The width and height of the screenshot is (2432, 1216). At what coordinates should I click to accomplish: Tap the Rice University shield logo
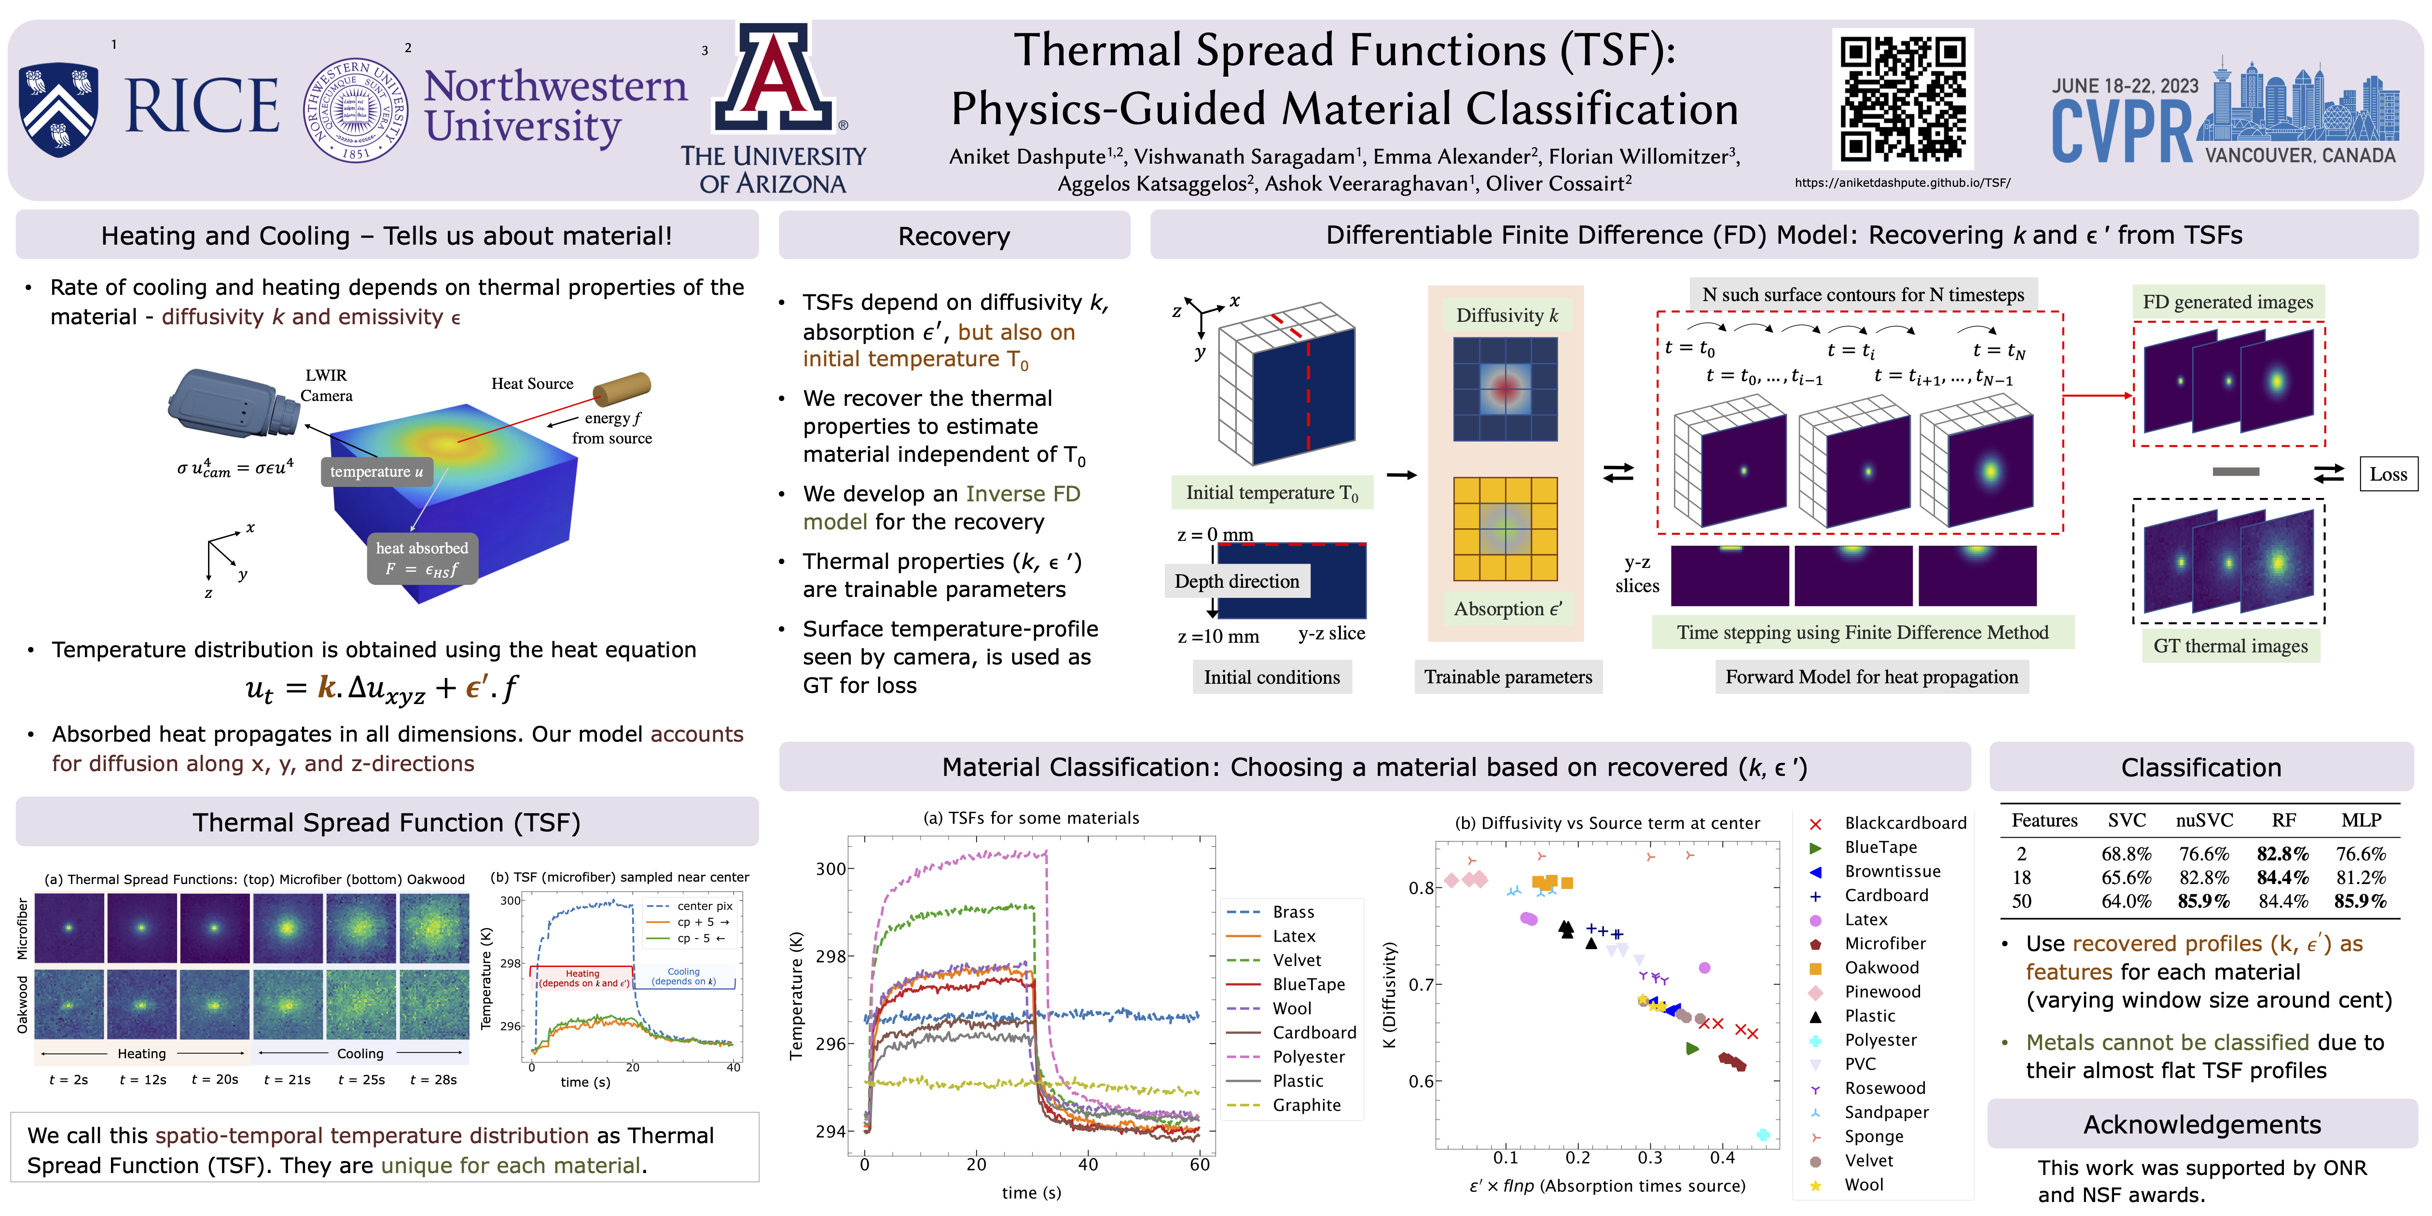[x=58, y=109]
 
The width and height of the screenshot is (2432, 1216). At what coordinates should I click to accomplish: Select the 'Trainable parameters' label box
[x=1508, y=677]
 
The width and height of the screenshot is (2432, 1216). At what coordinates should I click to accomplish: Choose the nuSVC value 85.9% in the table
[x=2204, y=901]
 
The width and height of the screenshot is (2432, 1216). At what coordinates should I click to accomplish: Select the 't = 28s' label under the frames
[x=433, y=1079]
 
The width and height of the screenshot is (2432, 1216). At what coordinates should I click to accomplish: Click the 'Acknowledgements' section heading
[x=2202, y=1124]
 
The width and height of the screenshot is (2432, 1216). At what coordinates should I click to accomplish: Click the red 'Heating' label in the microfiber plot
[x=582, y=973]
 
